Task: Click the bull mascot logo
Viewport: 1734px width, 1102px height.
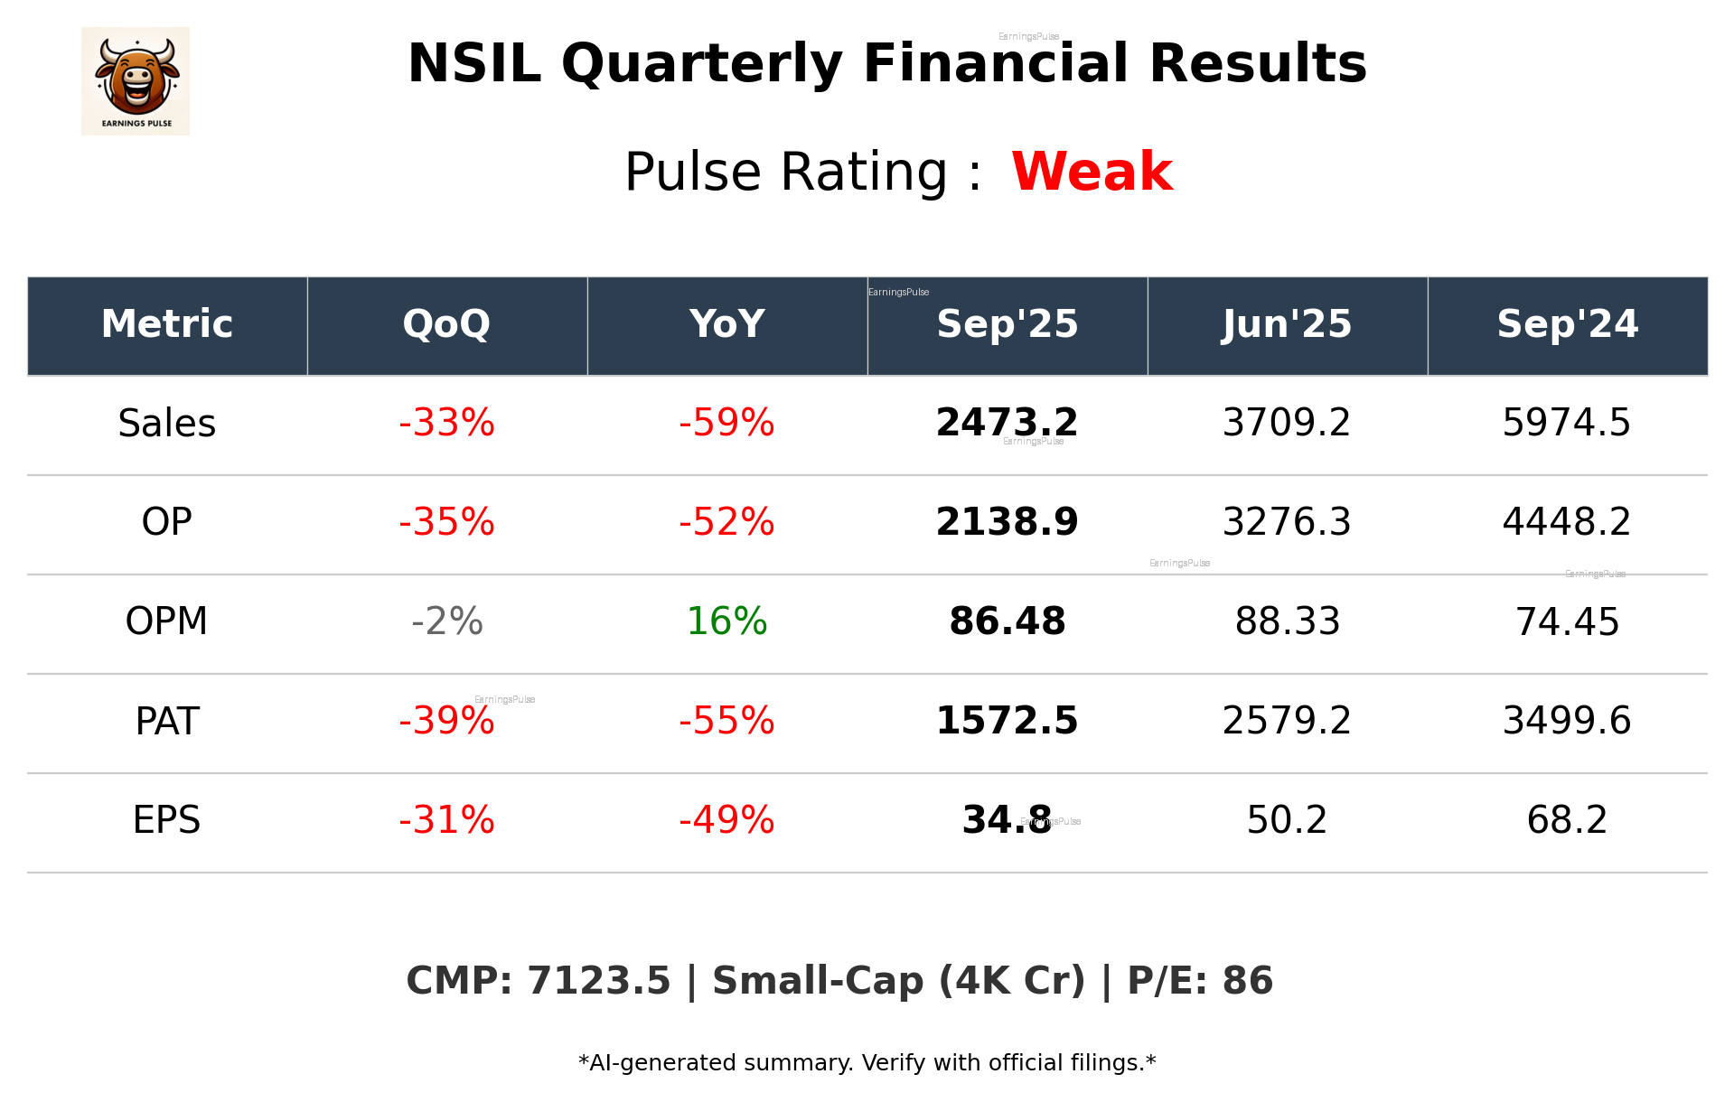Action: coord(136,80)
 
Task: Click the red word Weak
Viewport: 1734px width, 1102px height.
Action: coord(1092,172)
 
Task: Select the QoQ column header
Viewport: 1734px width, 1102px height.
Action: coord(446,324)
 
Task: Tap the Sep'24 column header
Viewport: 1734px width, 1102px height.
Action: coord(1567,324)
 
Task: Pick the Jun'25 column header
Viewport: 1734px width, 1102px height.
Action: coord(1287,324)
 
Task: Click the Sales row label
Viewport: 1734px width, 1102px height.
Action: coord(167,424)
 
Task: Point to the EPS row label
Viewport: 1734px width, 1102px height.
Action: coord(167,820)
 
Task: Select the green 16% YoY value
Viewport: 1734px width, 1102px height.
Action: coord(726,621)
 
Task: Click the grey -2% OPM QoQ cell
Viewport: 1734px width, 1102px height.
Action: coord(446,621)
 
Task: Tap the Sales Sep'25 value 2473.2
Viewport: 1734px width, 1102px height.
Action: coord(1007,423)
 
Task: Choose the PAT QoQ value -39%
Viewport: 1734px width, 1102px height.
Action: coord(446,721)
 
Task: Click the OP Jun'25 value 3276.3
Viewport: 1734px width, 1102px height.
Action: coord(1287,522)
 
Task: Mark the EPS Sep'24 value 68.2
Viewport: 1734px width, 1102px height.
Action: coord(1567,820)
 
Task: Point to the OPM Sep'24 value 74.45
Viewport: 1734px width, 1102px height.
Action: coord(1567,621)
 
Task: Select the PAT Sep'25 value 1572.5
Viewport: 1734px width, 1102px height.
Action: coord(1007,721)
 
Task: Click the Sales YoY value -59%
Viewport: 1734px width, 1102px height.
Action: coord(726,423)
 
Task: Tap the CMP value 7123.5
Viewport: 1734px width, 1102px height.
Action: coord(598,981)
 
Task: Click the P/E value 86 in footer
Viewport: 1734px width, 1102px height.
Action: coord(1247,981)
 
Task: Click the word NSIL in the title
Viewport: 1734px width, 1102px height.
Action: coord(474,64)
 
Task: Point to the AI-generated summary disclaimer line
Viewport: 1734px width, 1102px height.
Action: coord(867,1063)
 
